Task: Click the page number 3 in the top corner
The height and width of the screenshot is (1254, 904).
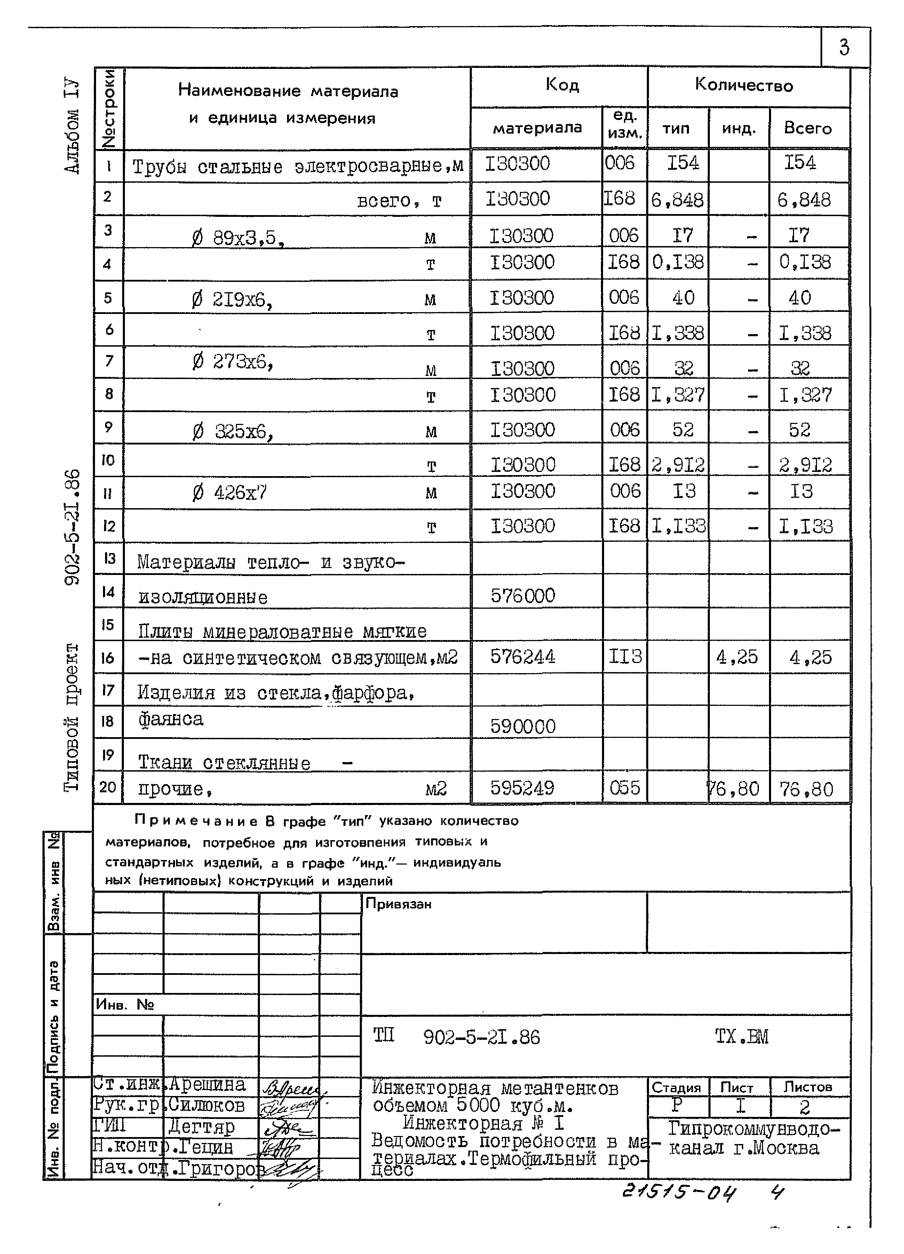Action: click(844, 48)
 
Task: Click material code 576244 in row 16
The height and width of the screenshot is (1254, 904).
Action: click(523, 657)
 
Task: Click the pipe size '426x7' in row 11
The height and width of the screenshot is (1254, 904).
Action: click(240, 492)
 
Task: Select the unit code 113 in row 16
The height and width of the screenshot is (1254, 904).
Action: click(625, 656)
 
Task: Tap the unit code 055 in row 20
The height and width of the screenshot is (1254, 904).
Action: click(625, 788)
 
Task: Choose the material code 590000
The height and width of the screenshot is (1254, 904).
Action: click(523, 726)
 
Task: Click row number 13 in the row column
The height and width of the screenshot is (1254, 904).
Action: click(109, 559)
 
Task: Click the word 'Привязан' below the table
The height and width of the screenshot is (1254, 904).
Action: click(398, 904)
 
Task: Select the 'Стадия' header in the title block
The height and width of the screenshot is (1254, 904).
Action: click(676, 1088)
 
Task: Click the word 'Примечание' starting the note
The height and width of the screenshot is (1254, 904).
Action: click(196, 821)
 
